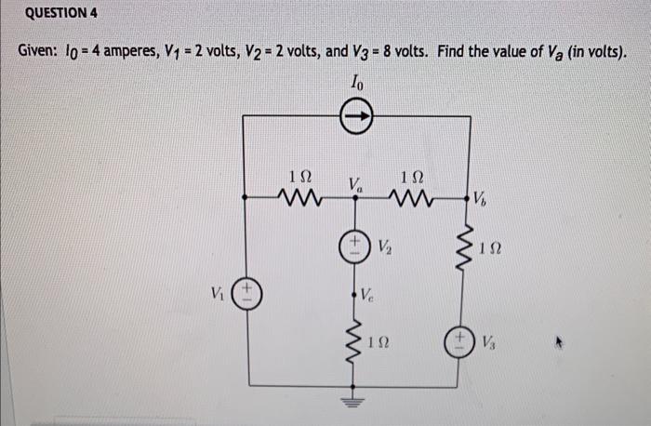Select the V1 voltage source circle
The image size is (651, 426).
pos(246,295)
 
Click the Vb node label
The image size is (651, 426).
pos(479,198)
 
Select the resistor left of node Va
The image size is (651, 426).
pos(300,196)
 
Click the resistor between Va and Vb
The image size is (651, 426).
pos(410,196)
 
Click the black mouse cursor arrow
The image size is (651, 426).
pos(560,342)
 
